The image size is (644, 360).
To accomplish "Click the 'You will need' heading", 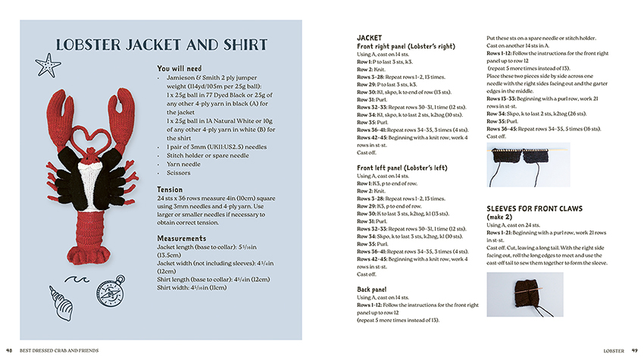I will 179,68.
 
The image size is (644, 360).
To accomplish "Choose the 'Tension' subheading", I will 170,189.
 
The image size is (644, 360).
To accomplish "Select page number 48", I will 9,350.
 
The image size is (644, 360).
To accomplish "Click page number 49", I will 635,350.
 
